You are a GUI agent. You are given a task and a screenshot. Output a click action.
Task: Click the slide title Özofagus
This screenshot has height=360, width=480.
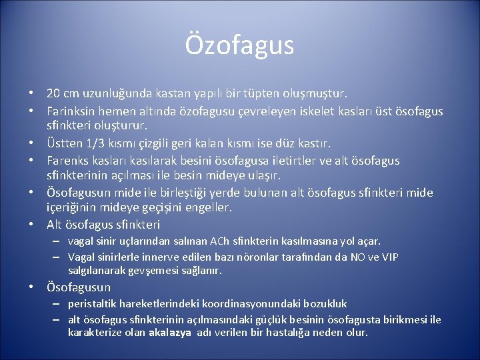[239, 45]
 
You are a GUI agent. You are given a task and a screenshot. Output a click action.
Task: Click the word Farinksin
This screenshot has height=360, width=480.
[71, 111]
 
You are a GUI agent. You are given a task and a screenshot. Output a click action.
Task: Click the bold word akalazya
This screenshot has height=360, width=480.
[169, 332]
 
